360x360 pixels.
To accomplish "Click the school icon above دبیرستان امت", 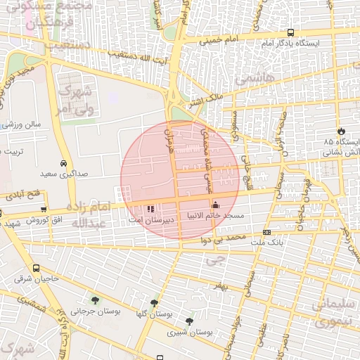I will [150, 208].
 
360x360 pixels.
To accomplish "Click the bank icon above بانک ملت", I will [266, 232].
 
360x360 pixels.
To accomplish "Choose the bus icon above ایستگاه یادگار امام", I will [291, 32].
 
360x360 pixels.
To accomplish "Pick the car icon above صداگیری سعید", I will [64, 162].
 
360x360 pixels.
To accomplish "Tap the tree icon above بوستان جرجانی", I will [95, 301].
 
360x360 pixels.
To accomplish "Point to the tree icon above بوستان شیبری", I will [189, 321].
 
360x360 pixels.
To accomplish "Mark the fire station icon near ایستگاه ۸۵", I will [342, 131].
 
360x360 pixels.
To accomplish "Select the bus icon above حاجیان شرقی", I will [36, 269].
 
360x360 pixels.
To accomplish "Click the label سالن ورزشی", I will [25, 124].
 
